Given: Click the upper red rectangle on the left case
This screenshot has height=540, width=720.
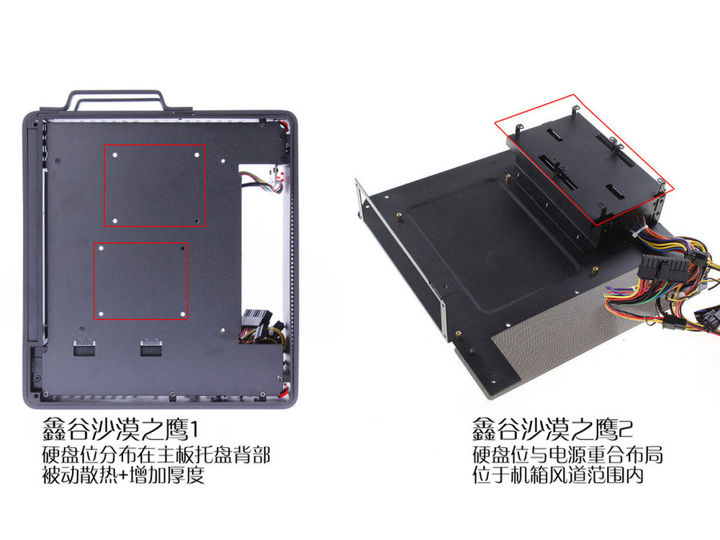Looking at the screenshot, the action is (155, 145).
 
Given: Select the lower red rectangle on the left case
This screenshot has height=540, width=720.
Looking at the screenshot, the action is (141, 243).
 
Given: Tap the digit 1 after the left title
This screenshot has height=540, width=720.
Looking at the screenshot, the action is (194, 429).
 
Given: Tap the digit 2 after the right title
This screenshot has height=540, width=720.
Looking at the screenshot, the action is (626, 429).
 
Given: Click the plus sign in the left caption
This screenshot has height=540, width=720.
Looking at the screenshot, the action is (123, 474).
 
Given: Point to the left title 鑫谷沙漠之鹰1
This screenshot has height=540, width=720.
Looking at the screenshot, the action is (120, 429).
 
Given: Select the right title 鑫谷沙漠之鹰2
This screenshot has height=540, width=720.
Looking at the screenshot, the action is (553, 429).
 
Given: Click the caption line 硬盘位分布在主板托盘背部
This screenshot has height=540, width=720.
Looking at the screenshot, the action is (156, 454).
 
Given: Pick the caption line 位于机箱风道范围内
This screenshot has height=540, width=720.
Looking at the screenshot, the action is (558, 474).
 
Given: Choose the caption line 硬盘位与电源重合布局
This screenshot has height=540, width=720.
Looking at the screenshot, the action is (567, 454).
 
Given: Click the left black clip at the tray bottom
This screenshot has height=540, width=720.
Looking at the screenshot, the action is (84, 347).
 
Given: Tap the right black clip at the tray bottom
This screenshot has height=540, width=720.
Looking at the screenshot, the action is (151, 347).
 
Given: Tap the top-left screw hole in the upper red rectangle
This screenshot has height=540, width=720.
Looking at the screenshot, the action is (115, 155).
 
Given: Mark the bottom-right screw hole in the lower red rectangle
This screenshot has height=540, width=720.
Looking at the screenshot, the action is (182, 315).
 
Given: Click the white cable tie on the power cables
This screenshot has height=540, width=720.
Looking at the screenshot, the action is (642, 231).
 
